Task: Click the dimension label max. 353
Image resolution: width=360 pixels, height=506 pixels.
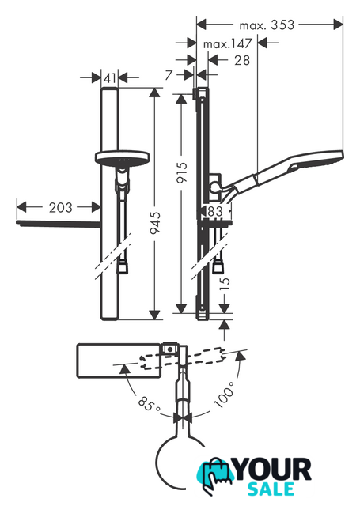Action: coord(267,25)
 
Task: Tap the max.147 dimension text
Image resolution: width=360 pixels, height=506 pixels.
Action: coord(227,43)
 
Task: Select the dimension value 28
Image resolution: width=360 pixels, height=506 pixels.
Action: coord(242,60)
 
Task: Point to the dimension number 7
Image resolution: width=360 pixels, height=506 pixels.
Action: coord(169,75)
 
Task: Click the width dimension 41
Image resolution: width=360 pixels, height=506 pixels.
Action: coord(110,77)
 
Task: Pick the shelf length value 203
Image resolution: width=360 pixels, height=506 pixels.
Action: coord(60,207)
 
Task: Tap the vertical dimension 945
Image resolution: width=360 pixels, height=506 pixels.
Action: coord(155,223)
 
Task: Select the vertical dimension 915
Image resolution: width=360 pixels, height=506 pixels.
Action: coord(182,172)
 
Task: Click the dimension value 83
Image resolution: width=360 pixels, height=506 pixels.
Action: coord(215,211)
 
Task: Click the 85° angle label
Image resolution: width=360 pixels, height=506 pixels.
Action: coord(149,404)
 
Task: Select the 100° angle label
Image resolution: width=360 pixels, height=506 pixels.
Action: coord(224,395)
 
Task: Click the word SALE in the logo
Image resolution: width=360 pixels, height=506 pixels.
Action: coord(271,489)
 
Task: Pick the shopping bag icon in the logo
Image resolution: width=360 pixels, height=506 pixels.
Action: coord(214,474)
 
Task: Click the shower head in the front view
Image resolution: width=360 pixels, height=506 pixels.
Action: coord(123,157)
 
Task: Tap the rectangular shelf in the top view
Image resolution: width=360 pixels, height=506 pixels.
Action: coord(119,361)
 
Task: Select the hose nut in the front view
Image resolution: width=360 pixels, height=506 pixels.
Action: coord(122,267)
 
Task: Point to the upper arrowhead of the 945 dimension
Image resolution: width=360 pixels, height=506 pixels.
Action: coord(155,93)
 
